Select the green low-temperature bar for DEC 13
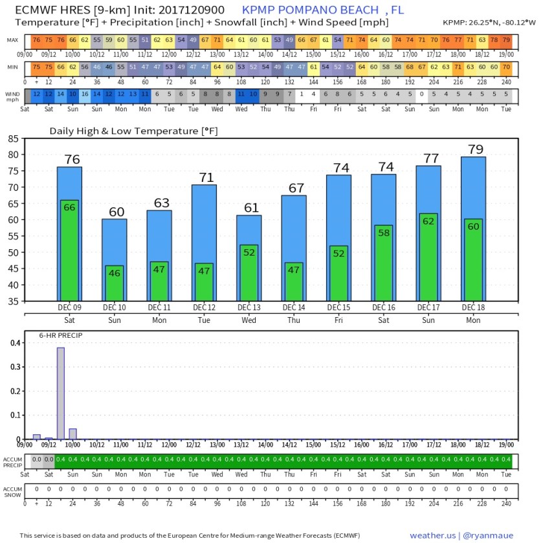coord(249,272)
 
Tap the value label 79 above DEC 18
coord(476,150)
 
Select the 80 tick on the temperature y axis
coord(13,155)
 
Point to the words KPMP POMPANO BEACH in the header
coord(311,10)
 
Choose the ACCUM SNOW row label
coord(13,493)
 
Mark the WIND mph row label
coord(13,96)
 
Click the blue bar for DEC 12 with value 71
coord(204,223)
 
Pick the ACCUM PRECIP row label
coord(13,461)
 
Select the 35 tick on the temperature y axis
coord(13,301)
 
